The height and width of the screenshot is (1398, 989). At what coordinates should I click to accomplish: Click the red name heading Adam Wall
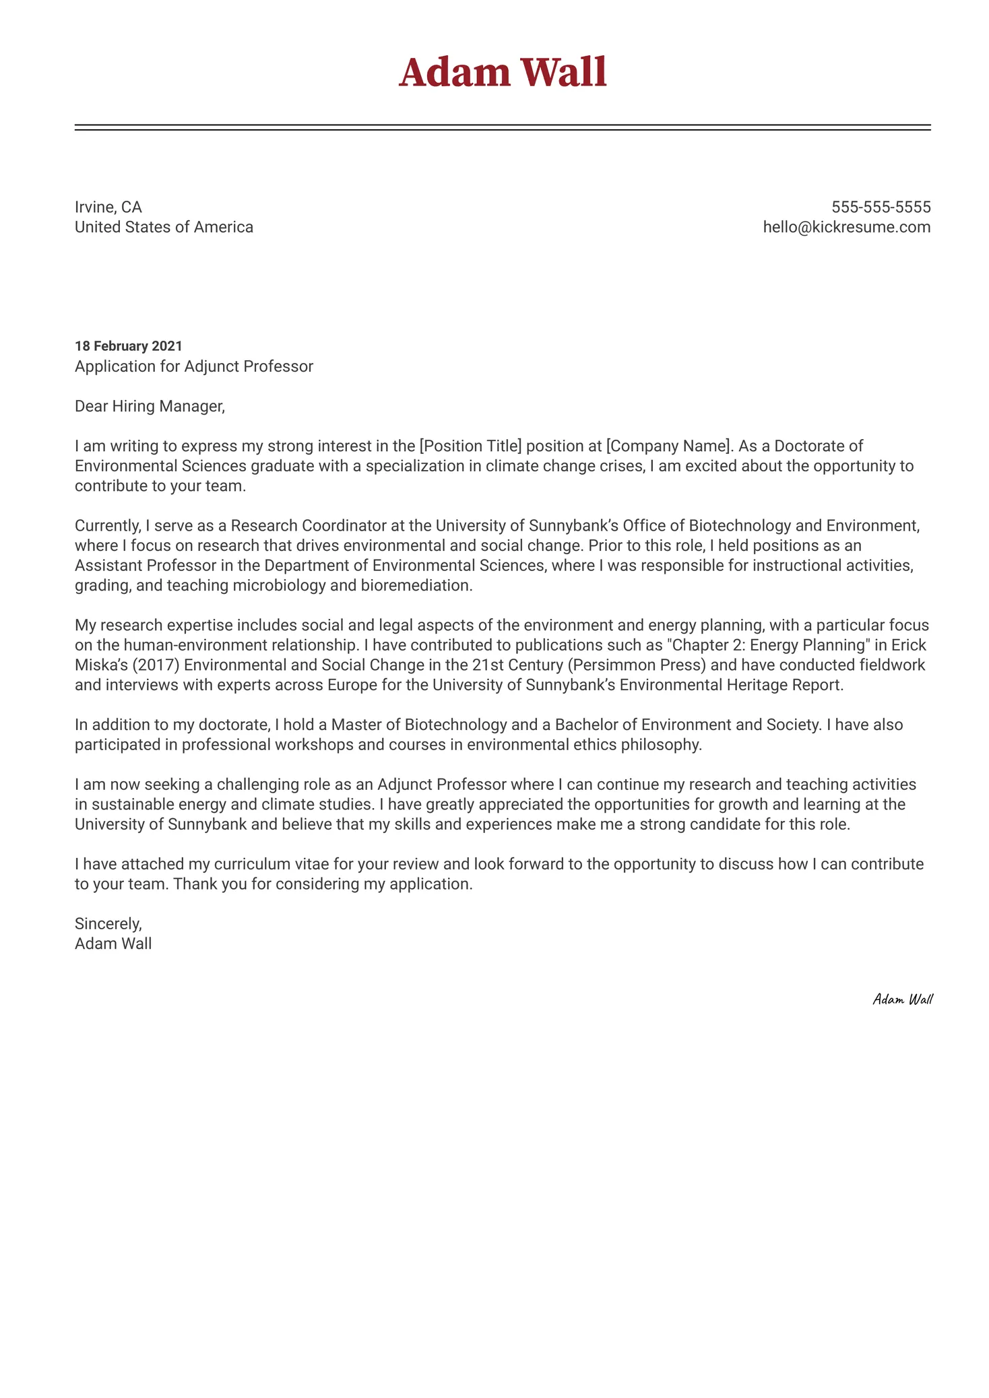point(502,72)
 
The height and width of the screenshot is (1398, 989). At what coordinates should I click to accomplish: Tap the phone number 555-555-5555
point(881,207)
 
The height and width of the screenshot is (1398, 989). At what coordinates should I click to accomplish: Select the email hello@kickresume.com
point(846,227)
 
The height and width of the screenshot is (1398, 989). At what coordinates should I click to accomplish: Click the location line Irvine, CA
point(108,207)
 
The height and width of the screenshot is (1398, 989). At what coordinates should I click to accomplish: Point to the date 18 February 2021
point(128,346)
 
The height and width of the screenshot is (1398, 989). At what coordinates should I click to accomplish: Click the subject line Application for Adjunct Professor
point(193,366)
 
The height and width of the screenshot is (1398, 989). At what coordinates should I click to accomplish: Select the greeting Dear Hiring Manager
point(149,406)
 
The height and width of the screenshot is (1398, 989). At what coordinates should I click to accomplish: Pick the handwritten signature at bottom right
point(902,999)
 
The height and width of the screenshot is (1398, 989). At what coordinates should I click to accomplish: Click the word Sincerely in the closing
point(108,923)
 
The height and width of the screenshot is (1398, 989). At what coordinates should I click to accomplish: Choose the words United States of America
point(164,227)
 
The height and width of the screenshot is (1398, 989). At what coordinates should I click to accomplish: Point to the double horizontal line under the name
point(502,127)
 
